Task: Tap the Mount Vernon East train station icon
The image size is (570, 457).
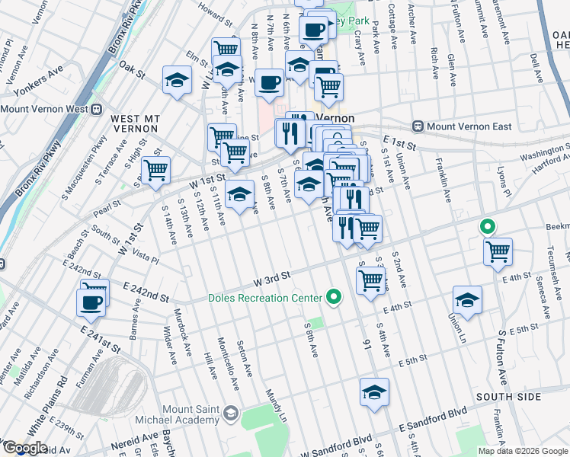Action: coord(418,126)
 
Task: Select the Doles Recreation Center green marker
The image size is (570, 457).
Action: coord(333,297)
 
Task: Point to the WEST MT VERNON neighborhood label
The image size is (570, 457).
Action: coord(136,124)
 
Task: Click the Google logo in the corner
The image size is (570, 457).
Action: coord(24,448)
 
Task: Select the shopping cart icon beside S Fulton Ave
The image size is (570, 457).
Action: coord(498,251)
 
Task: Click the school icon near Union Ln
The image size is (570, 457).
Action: coord(467,299)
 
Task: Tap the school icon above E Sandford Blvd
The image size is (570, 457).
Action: coord(374,391)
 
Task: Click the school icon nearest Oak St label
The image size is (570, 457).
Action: coord(177,79)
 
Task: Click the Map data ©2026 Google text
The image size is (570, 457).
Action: coord(523,451)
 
